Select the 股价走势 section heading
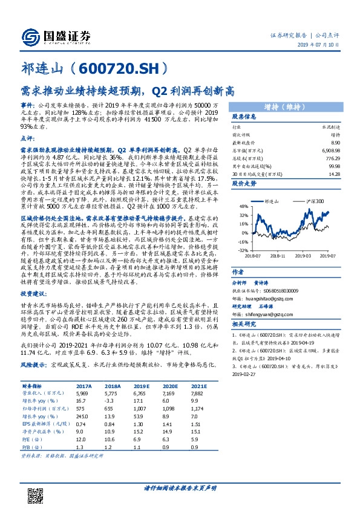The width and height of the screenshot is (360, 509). [x=245, y=182]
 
